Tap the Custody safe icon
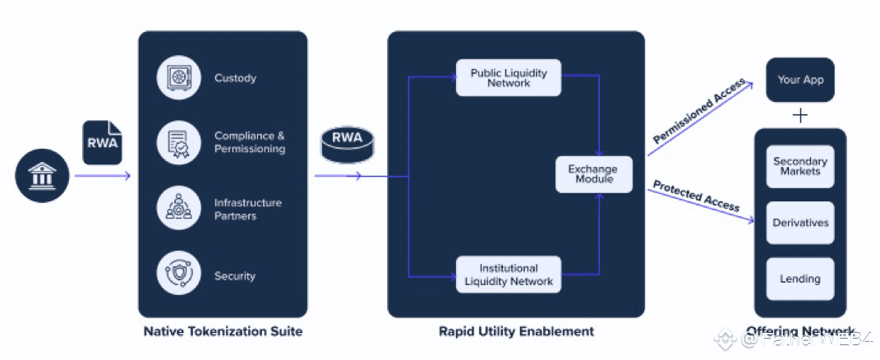178,78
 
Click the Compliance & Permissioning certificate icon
178,142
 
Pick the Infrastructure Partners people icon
178,209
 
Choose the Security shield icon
178,276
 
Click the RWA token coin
347,146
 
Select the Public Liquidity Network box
508,78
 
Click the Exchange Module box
593,174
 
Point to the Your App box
799,81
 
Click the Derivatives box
799,223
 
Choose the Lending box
799,279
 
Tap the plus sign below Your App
799,115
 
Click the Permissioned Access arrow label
699,112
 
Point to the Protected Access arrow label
695,196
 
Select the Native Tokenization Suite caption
223,332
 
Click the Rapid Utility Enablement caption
516,332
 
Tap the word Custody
235,78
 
